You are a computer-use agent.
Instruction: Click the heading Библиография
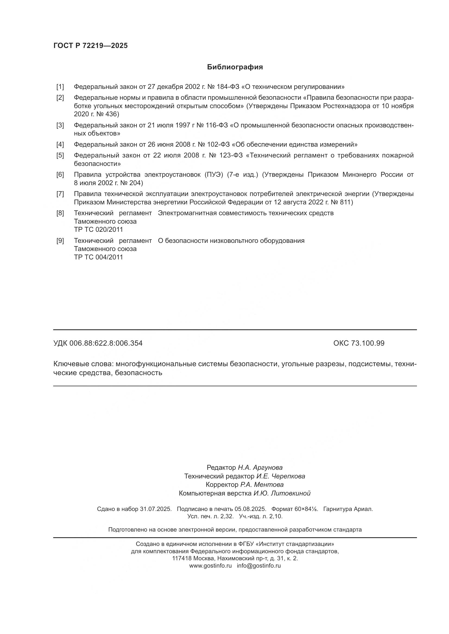pyautogui.click(x=235, y=67)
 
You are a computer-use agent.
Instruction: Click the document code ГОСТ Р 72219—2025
pyautogui.click(x=90, y=46)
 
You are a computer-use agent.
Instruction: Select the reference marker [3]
pyautogui.click(x=60, y=125)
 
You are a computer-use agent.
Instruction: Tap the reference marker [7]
pyautogui.click(x=60, y=194)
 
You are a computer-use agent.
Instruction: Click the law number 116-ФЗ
pyautogui.click(x=216, y=125)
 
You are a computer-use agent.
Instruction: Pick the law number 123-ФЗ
pyautogui.click(x=230, y=156)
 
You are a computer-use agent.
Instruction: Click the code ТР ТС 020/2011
pyautogui.click(x=98, y=230)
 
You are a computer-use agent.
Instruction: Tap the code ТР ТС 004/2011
pyautogui.click(x=98, y=257)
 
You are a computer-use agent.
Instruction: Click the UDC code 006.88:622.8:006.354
pyautogui.click(x=106, y=343)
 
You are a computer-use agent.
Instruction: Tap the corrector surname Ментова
pyautogui.click(x=269, y=485)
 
